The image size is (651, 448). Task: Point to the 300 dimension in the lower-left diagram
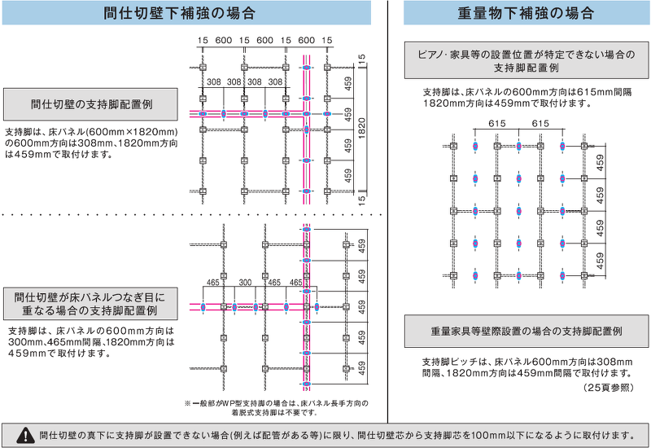point(245,282)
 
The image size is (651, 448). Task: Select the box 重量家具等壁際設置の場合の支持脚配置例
point(526,332)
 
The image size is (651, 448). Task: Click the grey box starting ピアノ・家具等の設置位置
point(526,61)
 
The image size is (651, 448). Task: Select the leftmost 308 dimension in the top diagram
point(214,82)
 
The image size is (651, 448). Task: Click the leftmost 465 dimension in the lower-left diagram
point(212,282)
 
